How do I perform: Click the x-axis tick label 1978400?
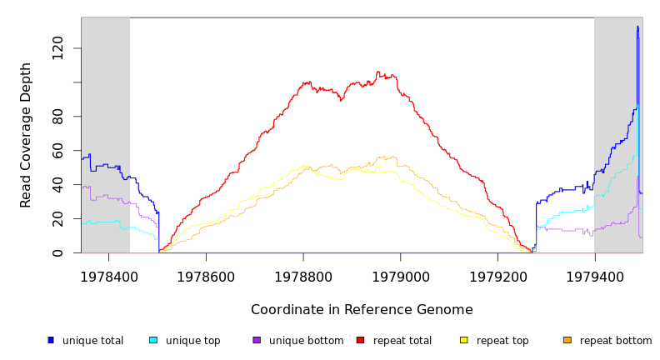coord(109,276)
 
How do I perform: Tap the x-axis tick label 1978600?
coord(206,276)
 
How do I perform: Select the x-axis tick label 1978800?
coord(303,276)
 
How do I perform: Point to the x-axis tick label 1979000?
coord(400,276)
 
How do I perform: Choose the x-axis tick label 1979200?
coord(497,276)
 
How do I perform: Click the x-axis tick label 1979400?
coord(594,276)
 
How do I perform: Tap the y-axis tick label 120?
coord(57,48)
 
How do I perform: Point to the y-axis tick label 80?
coord(57,117)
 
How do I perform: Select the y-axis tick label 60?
coord(57,151)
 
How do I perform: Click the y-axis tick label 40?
coord(57,185)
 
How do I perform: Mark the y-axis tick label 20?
coord(57,219)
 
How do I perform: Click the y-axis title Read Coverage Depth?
coord(26,135)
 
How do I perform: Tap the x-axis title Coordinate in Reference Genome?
coord(362,310)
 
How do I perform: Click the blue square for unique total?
coord(51,340)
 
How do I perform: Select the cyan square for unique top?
coord(153,340)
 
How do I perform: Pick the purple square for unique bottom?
coord(257,340)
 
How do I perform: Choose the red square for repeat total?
coord(360,340)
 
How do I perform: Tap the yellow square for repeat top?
coord(463,340)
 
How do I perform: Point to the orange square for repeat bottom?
coord(567,340)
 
